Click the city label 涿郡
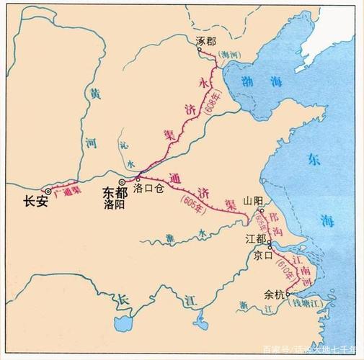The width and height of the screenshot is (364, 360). [x=205, y=42]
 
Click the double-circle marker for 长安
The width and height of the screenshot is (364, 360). [x=48, y=191]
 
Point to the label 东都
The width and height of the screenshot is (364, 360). [x=115, y=193]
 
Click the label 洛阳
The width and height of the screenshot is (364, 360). [x=115, y=204]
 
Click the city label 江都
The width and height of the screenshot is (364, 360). [x=253, y=237]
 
